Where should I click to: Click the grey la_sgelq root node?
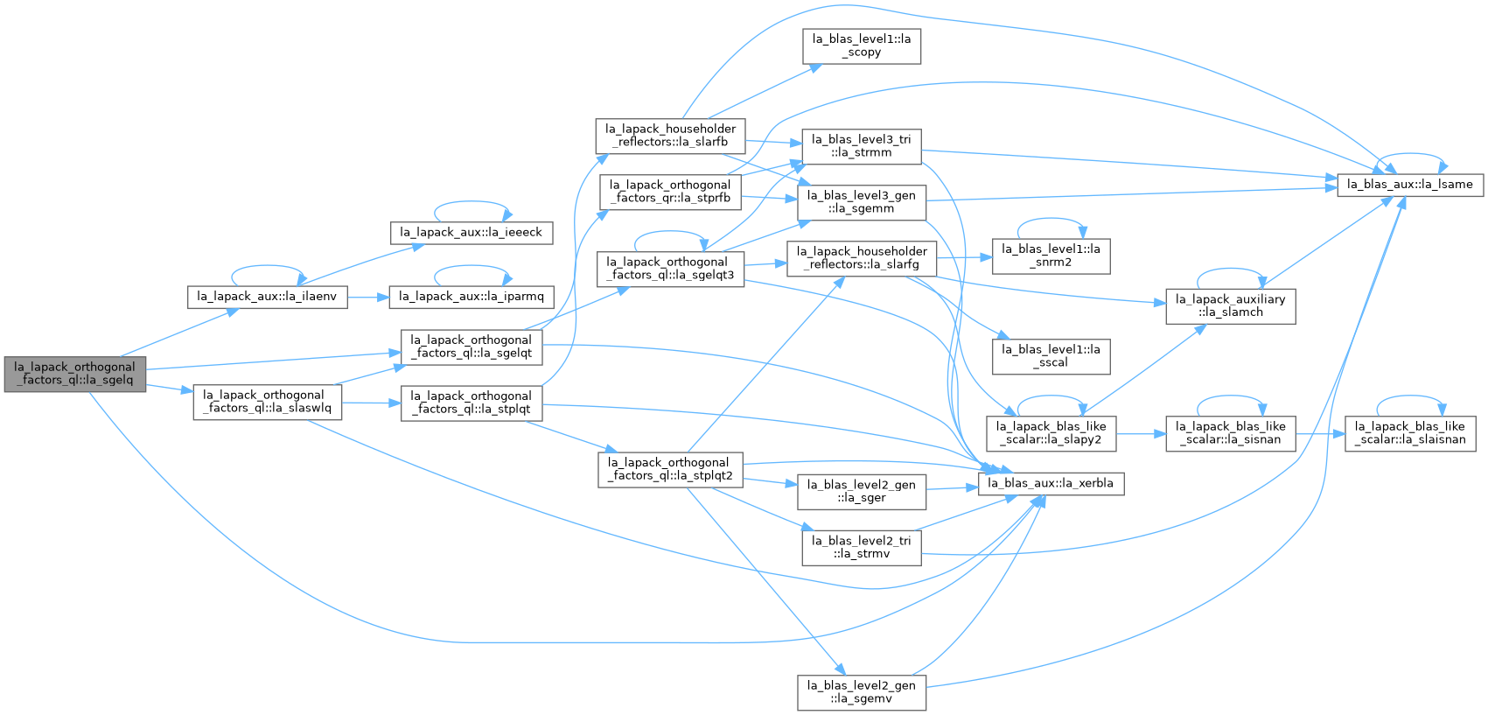coord(75,374)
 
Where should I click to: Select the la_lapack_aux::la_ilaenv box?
coord(267,297)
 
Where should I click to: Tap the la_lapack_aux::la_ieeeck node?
coord(471,233)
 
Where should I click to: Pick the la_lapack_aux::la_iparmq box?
coord(471,297)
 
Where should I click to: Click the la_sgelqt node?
coord(471,347)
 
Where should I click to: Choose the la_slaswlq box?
coord(267,402)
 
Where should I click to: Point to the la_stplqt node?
coord(471,403)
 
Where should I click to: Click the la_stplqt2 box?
coord(670,469)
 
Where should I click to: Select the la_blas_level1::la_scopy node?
coord(862,46)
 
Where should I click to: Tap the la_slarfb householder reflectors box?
coord(670,136)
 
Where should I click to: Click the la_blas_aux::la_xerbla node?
coord(1051,483)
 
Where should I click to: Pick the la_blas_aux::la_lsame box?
coord(1409,185)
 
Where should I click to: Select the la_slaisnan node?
coord(1409,433)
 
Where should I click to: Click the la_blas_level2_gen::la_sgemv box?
coord(862,692)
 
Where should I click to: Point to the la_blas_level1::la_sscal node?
coord(1051,356)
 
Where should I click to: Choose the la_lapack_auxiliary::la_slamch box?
coord(1230,306)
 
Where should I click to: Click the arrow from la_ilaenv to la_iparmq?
coord(368,297)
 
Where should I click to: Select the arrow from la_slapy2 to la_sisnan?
coord(1141,434)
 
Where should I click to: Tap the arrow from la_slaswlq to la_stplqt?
coord(371,403)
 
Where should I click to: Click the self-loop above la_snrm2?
coord(1051,219)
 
